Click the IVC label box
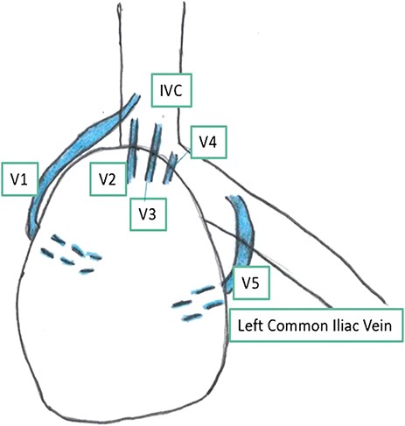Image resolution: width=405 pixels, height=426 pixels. click(x=171, y=89)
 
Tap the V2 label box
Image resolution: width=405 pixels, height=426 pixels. click(x=108, y=180)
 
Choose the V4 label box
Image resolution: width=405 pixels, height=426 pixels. click(x=208, y=140)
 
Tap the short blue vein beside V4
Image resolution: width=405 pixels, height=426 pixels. click(x=174, y=164)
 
